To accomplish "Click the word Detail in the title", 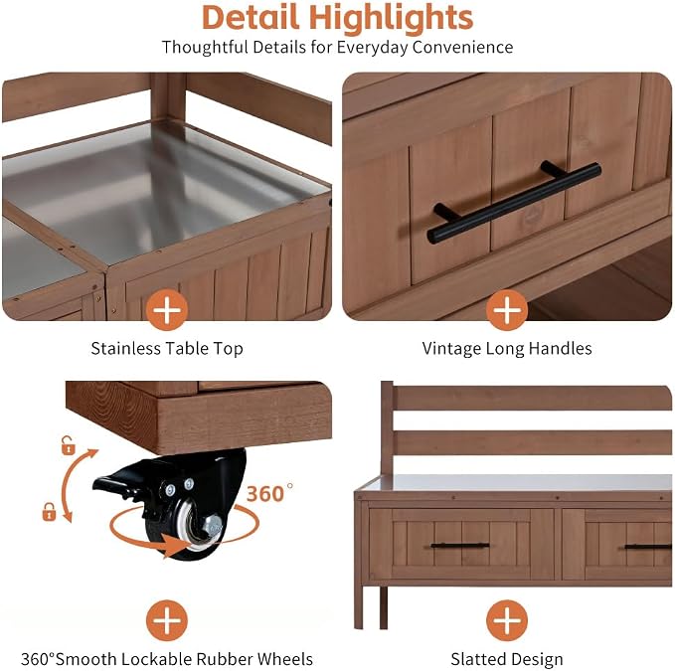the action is (x=251, y=18).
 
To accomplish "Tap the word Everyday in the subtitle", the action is (x=372, y=48).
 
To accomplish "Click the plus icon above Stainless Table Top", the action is (x=167, y=309).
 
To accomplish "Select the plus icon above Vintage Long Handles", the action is (x=507, y=309).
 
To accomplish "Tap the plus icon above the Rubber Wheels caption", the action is (x=167, y=620).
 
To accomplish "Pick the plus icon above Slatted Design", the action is (x=507, y=620).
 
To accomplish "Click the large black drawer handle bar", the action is (x=514, y=202).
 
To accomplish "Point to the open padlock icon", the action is (x=68, y=446).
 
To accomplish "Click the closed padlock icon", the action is (x=49, y=512).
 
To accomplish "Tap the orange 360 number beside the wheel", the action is (x=265, y=494).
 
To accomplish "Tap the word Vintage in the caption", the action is (x=451, y=348).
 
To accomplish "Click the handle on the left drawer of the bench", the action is (x=459, y=546).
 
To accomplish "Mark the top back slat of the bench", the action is (x=533, y=398).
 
